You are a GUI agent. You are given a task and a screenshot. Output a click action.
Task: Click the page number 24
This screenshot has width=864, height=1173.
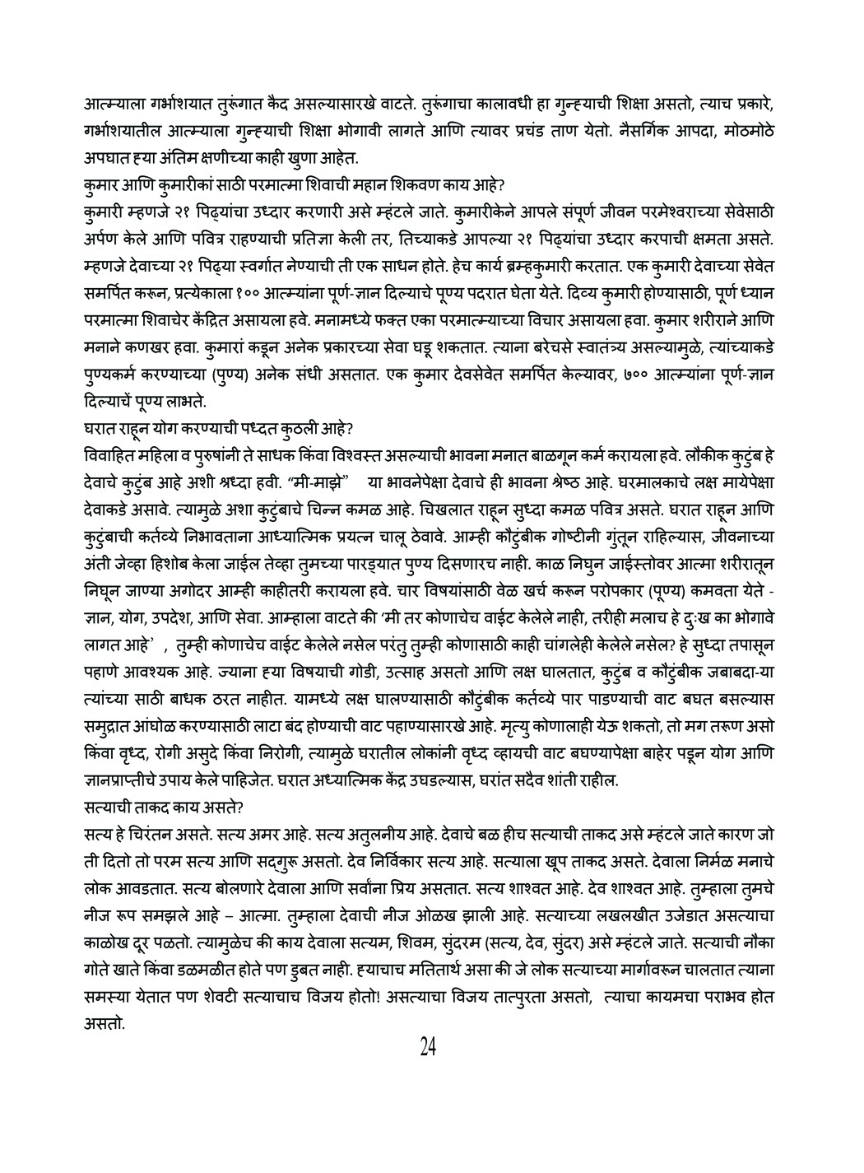(428, 1047)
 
